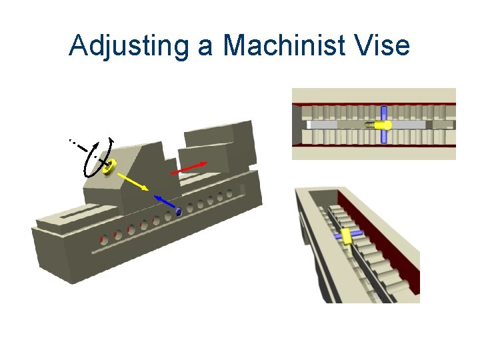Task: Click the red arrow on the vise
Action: [189, 167]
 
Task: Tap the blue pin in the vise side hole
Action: [179, 212]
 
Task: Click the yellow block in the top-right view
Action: [382, 125]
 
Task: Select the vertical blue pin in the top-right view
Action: [384, 125]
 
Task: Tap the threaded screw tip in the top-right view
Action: [368, 125]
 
